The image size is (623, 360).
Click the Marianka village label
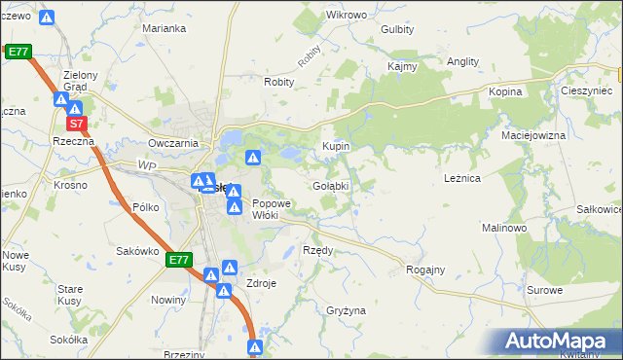click(x=164, y=28)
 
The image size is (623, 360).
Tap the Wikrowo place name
click(x=347, y=16)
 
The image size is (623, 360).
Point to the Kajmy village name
click(x=402, y=67)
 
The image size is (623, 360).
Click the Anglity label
click(x=462, y=61)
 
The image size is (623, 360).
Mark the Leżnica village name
click(x=462, y=179)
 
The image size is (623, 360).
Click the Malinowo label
click(x=504, y=227)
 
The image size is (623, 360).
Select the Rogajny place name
click(x=425, y=270)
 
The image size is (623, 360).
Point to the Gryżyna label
click(x=347, y=310)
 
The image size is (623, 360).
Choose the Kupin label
click(x=336, y=146)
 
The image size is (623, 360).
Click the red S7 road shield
click(x=78, y=124)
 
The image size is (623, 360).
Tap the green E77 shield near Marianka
click(x=18, y=52)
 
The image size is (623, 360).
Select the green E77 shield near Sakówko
click(x=178, y=260)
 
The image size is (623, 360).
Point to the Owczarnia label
click(x=173, y=143)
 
